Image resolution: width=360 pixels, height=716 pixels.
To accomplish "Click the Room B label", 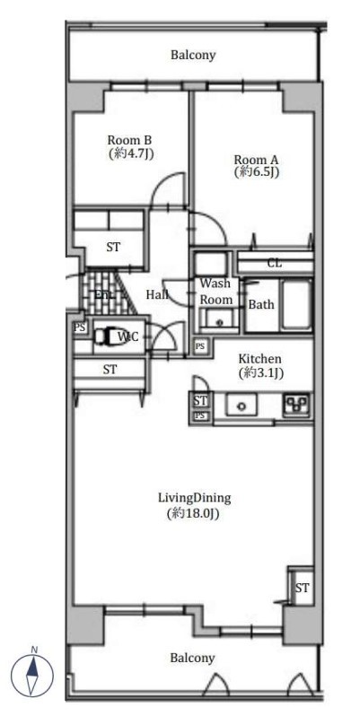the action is click(x=129, y=140).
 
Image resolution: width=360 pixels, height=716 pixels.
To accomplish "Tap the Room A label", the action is click(x=256, y=161).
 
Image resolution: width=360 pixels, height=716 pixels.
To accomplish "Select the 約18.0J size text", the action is click(x=194, y=514).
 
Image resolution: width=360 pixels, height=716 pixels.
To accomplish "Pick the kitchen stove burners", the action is click(x=297, y=403).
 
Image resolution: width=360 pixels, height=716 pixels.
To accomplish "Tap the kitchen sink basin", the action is click(x=241, y=405).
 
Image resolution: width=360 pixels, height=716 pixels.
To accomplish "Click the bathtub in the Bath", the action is click(x=296, y=304).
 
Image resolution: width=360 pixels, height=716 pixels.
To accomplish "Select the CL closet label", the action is click(x=275, y=264).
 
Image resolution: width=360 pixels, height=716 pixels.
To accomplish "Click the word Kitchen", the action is click(x=260, y=359).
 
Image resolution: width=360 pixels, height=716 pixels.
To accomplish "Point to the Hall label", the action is click(x=157, y=294).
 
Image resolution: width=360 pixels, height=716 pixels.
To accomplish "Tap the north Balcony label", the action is click(x=193, y=56).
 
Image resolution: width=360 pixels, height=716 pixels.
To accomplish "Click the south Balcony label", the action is click(x=192, y=658).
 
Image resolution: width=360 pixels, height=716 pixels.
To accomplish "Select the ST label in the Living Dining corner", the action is click(x=302, y=589).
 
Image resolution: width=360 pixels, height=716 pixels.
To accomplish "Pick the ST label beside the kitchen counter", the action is click(x=200, y=401).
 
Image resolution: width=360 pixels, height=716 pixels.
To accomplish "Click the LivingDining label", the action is click(x=194, y=498).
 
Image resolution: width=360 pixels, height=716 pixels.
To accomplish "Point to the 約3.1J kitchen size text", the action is click(x=261, y=373).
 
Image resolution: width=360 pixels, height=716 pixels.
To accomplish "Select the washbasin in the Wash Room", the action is click(x=219, y=319).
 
